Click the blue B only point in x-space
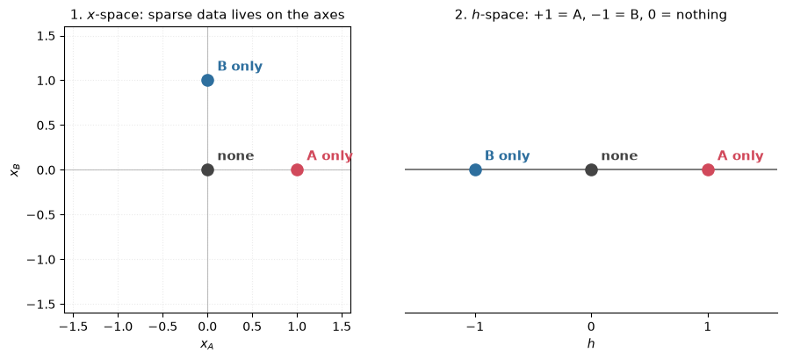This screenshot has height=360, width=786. click(x=207, y=80)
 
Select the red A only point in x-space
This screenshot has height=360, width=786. click(x=297, y=170)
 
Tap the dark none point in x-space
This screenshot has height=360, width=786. click(x=207, y=170)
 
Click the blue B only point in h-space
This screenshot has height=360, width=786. click(x=475, y=170)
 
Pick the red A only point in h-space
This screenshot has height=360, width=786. click(x=708, y=170)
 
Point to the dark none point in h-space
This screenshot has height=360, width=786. click(x=592, y=170)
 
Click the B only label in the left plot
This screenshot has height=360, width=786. click(x=240, y=66)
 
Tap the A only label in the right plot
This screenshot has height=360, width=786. click(x=740, y=156)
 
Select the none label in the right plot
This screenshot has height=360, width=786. click(x=619, y=156)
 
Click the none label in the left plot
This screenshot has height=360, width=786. click(x=235, y=156)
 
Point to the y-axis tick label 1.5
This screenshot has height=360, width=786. click(x=50, y=36)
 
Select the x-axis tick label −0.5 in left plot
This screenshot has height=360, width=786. click(x=163, y=327)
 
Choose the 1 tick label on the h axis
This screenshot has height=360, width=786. click(x=708, y=327)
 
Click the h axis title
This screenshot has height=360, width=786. click(x=592, y=343)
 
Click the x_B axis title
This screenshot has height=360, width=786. click(x=15, y=170)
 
